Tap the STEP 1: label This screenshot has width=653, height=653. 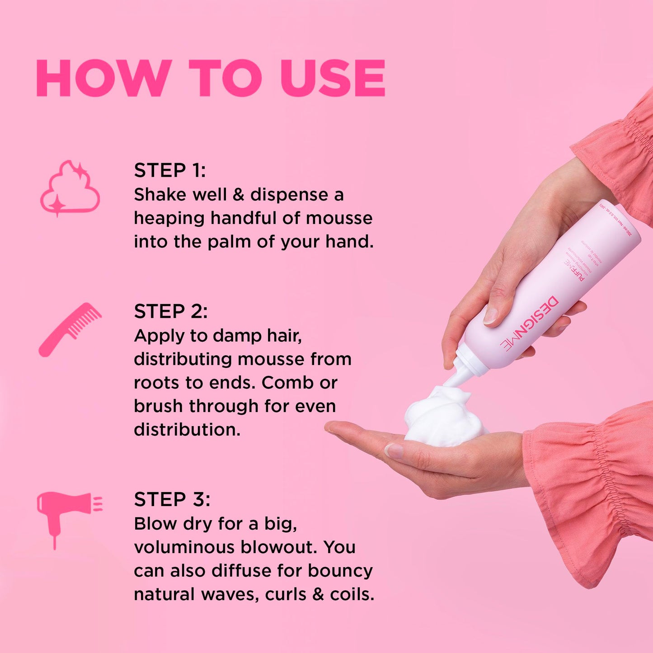[x=170, y=170]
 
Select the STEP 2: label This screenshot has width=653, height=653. [x=171, y=311]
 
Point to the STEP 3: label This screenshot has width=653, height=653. [x=172, y=499]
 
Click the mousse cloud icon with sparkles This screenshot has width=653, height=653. [x=70, y=188]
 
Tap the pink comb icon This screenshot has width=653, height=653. [x=70, y=329]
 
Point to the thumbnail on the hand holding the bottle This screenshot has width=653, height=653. [x=490, y=315]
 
